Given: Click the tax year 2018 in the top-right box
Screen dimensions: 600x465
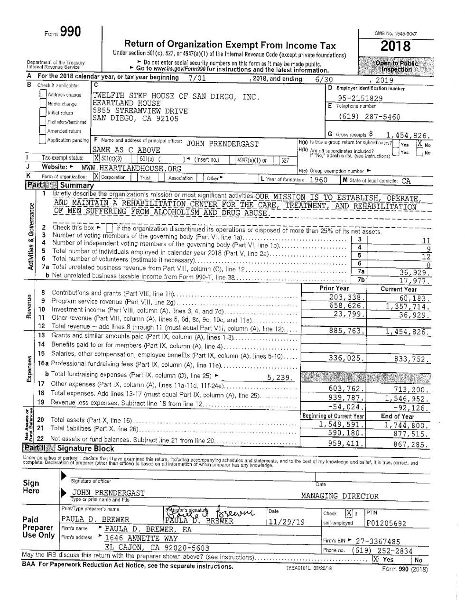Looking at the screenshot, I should pos(396,47).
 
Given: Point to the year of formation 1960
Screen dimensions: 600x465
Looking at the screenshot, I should pos(319,180).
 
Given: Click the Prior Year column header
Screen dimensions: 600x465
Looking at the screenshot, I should pos(334,288).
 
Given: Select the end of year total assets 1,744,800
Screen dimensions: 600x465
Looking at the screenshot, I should pos(406,425).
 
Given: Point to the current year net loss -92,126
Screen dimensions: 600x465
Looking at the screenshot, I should pos(411,408).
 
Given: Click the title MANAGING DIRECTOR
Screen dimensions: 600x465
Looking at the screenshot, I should pos(340,496).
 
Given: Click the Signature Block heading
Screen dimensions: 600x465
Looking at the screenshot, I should pos(85,448).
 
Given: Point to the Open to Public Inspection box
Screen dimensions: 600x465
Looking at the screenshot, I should pos(396,66).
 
